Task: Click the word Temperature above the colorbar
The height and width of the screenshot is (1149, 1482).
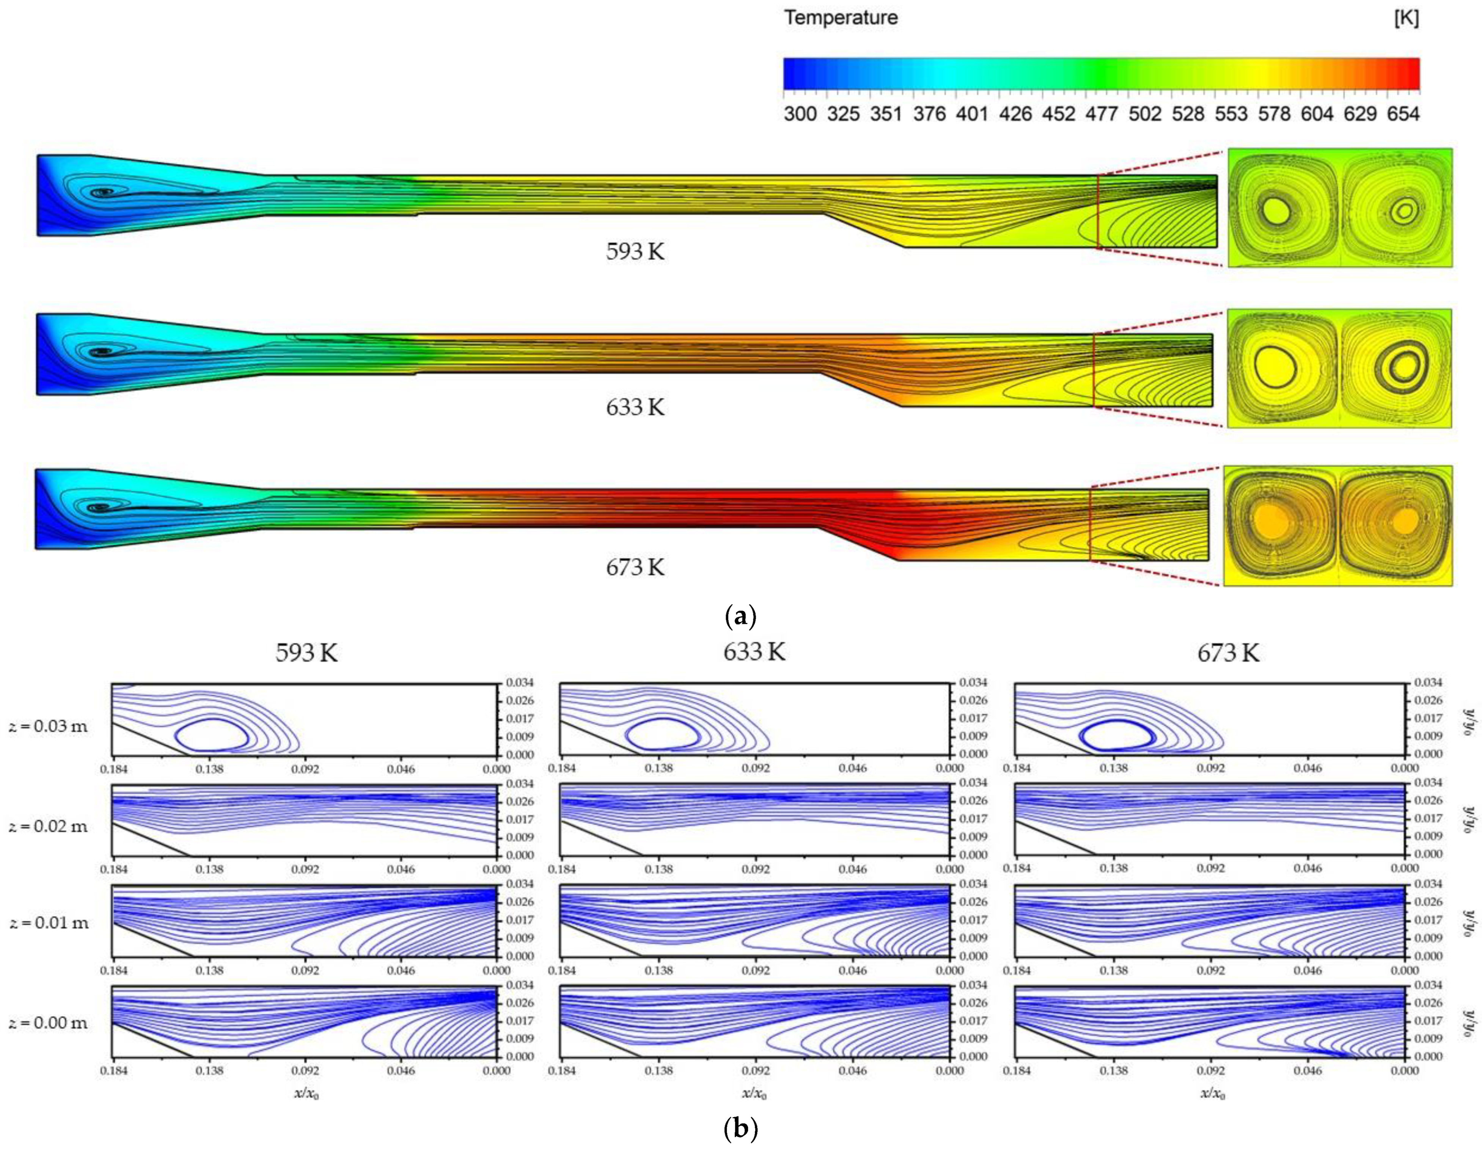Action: [841, 18]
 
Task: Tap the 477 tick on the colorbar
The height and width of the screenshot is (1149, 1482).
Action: [1101, 113]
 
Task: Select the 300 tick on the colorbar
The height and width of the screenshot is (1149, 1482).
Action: [800, 113]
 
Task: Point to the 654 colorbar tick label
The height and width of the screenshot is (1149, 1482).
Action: [1403, 113]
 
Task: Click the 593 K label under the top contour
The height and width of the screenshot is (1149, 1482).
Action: [635, 252]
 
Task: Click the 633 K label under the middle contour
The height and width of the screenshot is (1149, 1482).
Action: [635, 407]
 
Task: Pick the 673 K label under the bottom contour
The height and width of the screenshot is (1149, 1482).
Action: [635, 567]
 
